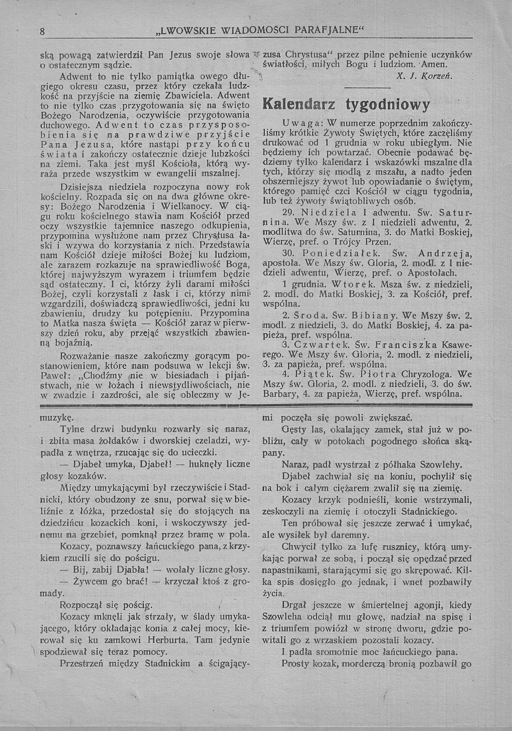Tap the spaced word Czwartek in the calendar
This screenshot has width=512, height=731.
pyautogui.click(x=322, y=345)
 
